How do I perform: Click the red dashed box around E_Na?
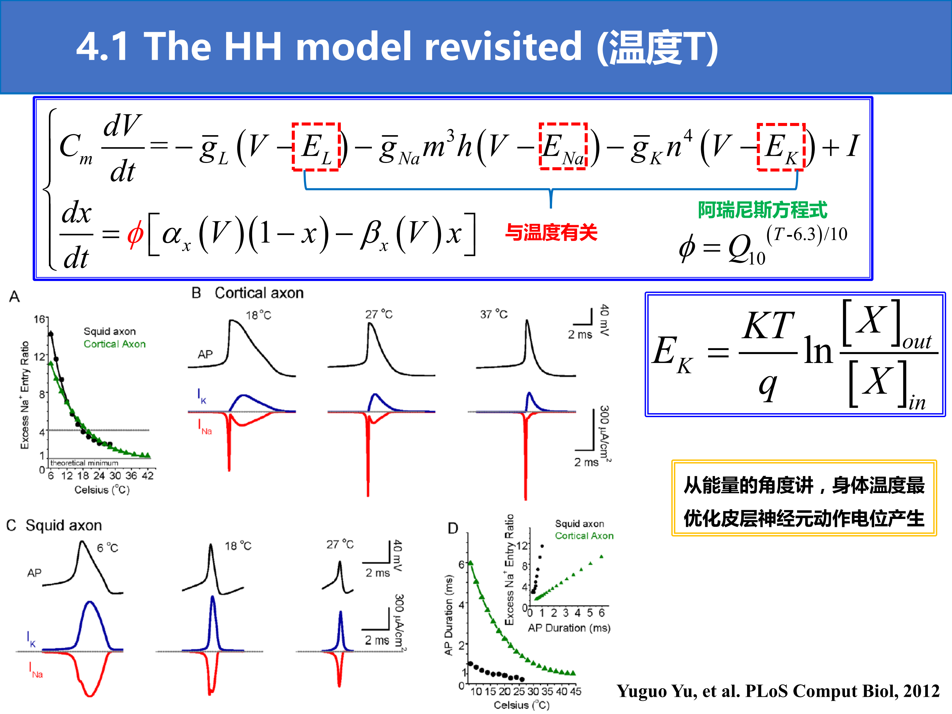(540, 146)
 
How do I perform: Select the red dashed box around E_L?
(293, 147)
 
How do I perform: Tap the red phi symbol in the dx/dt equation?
(135, 235)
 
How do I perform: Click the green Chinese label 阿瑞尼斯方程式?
(762, 210)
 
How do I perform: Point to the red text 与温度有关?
(551, 232)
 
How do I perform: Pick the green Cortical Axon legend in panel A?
(114, 344)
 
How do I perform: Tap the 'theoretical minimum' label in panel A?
(84, 463)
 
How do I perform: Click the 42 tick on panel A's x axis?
(148, 476)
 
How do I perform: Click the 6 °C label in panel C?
(107, 548)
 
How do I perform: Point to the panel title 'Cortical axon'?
(259, 293)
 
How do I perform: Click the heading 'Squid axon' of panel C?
(64, 526)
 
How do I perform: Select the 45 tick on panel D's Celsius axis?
(575, 691)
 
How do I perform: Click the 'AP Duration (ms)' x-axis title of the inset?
(569, 628)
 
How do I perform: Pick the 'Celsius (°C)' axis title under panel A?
(102, 490)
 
